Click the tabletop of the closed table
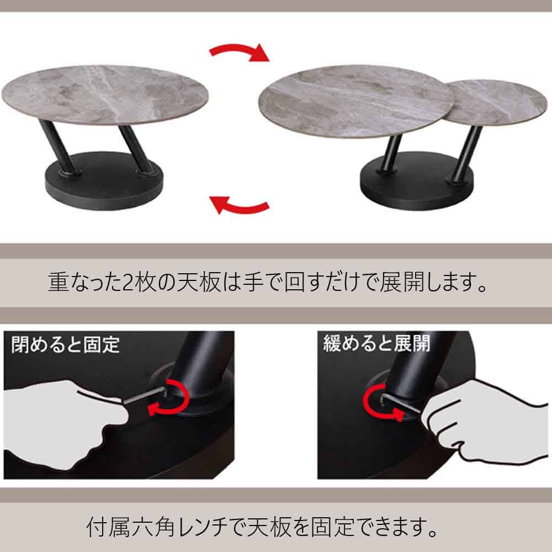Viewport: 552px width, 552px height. [105, 94]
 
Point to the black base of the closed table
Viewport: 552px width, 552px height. [104, 181]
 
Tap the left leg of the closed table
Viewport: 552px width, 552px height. [58, 147]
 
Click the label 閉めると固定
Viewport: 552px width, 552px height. [66, 344]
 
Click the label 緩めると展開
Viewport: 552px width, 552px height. [376, 343]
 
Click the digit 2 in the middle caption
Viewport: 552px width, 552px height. [128, 282]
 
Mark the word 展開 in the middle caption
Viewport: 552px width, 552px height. [402, 282]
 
